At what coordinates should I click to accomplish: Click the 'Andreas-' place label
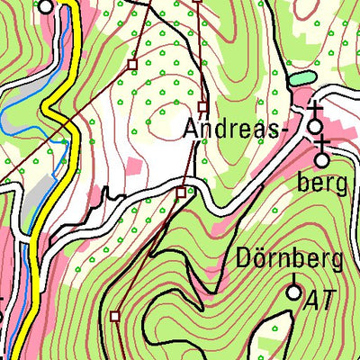[237, 129]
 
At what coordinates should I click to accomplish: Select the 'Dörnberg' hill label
[290, 261]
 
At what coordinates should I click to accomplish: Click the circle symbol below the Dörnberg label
[293, 292]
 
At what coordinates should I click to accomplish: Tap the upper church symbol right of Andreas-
[315, 122]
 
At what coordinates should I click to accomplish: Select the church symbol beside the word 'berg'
[322, 158]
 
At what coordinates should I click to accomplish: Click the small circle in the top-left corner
[46, 5]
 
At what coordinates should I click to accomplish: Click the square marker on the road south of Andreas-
[182, 192]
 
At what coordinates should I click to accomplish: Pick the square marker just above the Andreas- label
[203, 106]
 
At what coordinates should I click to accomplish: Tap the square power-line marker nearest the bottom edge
[115, 315]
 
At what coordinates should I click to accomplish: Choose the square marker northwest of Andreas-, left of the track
[132, 65]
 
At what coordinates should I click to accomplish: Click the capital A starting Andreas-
[191, 129]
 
